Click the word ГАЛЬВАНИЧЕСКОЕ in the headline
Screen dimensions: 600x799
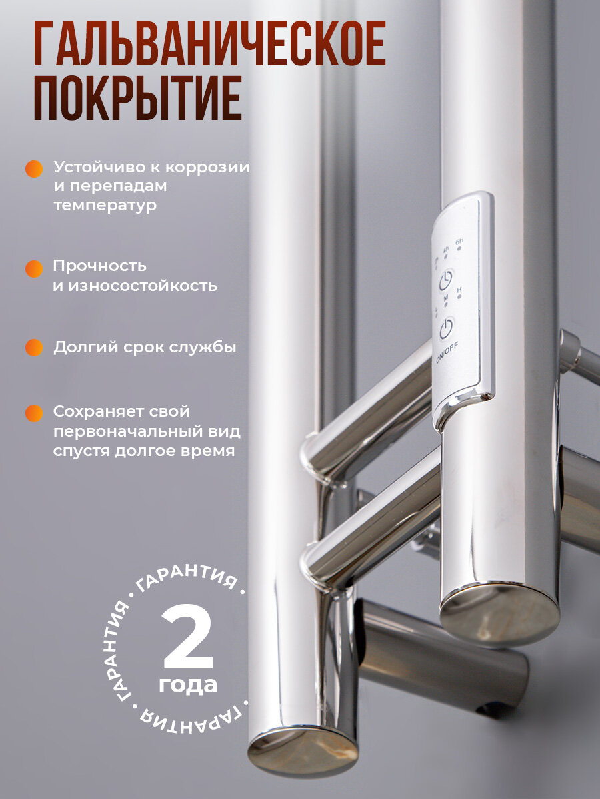tap(210, 43)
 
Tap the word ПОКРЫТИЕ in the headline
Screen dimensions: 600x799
tap(138, 98)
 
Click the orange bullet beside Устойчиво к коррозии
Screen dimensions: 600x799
tap(34, 169)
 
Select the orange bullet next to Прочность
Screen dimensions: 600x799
tap(34, 268)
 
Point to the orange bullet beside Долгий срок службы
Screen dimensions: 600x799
tap(34, 348)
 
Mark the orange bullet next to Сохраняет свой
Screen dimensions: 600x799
tap(34, 413)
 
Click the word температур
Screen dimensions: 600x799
tap(105, 206)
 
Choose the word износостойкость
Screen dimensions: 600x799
tap(143, 286)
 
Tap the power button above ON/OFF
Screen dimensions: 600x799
tap(446, 328)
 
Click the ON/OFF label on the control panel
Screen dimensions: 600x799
tap(447, 353)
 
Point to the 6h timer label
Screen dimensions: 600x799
tap(459, 241)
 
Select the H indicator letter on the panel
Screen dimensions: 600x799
tap(459, 290)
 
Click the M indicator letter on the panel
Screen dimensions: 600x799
tap(446, 298)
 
